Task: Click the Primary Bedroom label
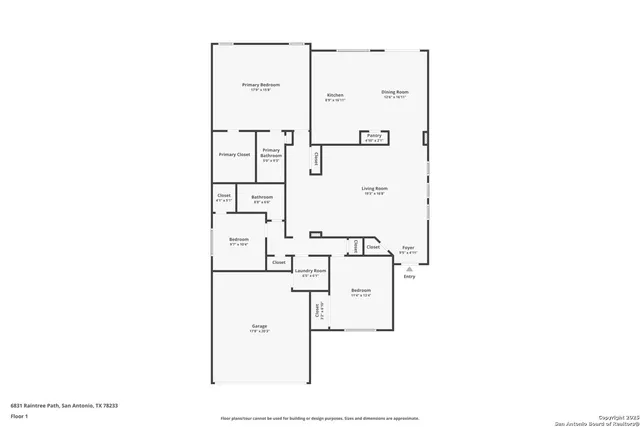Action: click(x=261, y=85)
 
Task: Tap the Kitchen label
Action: click(x=336, y=95)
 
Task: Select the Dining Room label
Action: click(x=395, y=91)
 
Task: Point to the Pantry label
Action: click(x=373, y=135)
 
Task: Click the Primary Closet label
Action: click(x=234, y=154)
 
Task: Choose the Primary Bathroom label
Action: click(x=271, y=153)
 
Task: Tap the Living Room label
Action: click(x=375, y=188)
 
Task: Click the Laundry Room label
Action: click(x=309, y=271)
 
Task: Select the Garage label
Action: click(x=259, y=326)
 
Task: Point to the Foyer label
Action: click(x=408, y=247)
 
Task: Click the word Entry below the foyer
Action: click(x=409, y=277)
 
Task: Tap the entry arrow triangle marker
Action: click(x=408, y=268)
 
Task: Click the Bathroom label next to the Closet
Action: click(x=262, y=197)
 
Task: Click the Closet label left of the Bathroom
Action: click(x=224, y=195)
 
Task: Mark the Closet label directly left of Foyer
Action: click(x=373, y=246)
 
